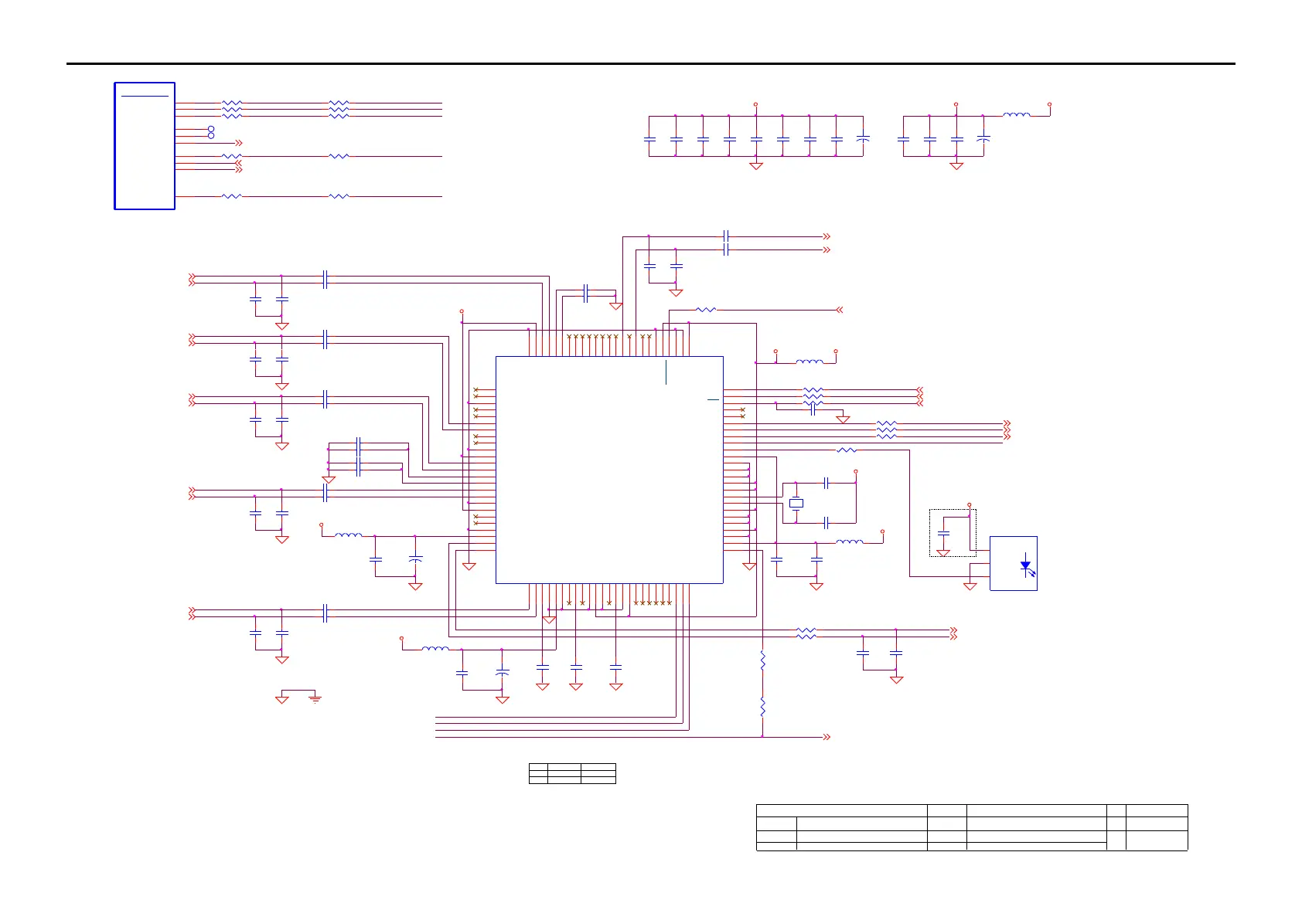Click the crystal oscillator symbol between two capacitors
pos(796,503)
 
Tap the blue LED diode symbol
pos(1025,565)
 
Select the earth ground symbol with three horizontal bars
pos(315,698)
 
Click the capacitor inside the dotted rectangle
pos(943,533)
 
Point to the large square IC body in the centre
pos(609,470)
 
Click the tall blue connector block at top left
pos(145,145)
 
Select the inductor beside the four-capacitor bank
pos(1016,115)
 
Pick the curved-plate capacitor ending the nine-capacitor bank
pos(864,139)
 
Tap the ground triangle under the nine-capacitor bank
pos(756,165)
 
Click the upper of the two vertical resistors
pos(762,660)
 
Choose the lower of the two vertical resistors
pos(762,707)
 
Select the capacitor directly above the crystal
pos(827,483)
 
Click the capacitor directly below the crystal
pos(827,523)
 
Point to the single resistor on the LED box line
pos(847,450)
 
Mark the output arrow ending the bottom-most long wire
pos(827,737)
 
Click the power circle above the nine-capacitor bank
pos(755,104)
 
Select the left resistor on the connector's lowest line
pos(232,196)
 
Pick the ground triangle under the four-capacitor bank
pos(956,165)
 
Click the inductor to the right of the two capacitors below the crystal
pos(850,542)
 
